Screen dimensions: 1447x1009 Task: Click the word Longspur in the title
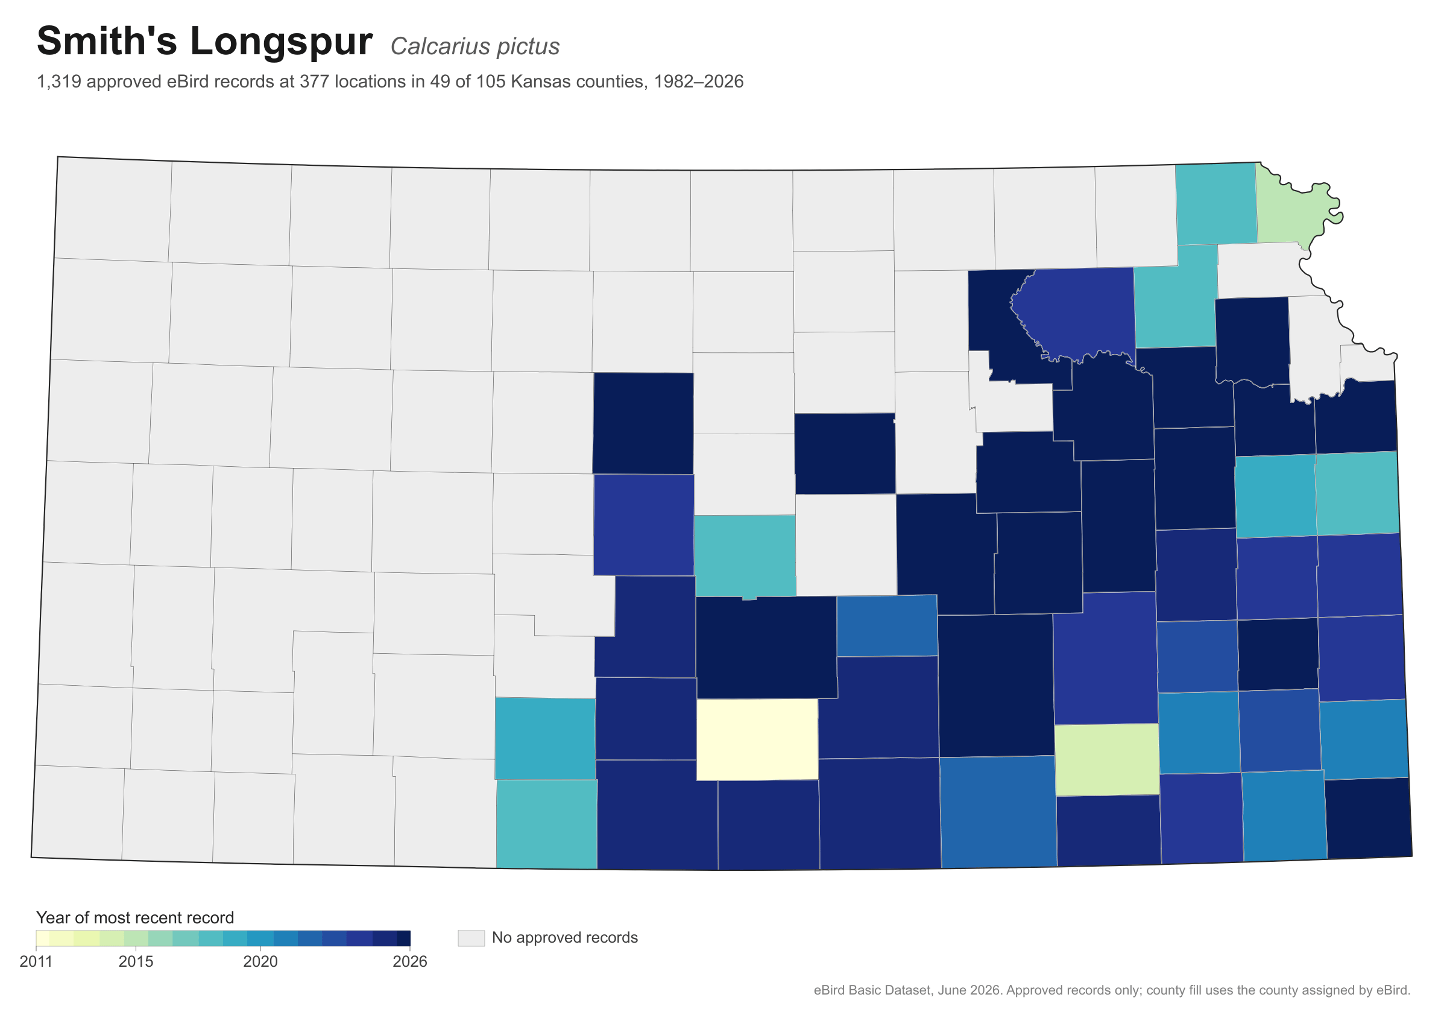[x=281, y=43]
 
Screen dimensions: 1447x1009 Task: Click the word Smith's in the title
[x=107, y=42]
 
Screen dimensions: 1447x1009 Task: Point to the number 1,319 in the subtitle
[x=59, y=82]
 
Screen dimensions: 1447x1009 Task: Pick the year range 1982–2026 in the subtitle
[x=698, y=82]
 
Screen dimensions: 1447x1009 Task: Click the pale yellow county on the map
[x=757, y=739]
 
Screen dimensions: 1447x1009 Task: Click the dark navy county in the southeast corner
[x=1368, y=818]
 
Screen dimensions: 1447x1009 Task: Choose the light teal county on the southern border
[x=546, y=824]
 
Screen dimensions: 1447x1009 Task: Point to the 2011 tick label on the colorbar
[x=36, y=962]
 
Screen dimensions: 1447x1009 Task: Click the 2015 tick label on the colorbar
[x=136, y=962]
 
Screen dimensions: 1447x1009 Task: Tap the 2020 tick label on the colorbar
[x=260, y=962]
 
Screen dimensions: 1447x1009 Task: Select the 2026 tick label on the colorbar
[x=409, y=962]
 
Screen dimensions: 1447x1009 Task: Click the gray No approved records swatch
[x=471, y=938]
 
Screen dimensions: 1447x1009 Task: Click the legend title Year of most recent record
[x=135, y=917]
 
